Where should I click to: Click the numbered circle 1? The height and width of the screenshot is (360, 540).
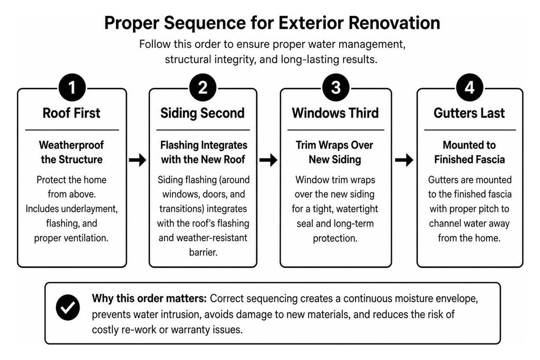pos(72,87)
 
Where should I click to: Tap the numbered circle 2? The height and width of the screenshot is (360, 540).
pos(203,87)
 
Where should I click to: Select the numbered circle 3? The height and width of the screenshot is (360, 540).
pos(336,87)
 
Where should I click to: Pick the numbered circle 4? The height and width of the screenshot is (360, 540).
pos(470,87)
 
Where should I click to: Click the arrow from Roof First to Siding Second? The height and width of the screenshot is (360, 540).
pos(138,160)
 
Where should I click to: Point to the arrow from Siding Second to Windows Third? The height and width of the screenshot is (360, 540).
pos(268,160)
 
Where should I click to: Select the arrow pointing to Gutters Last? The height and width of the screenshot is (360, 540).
pos(404,160)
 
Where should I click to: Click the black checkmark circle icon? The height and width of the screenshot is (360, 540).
pos(68,307)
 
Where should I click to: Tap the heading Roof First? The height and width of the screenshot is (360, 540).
pos(72,113)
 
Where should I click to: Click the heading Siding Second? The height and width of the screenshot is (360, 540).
pos(202,113)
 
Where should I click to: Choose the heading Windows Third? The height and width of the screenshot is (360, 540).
pos(335,113)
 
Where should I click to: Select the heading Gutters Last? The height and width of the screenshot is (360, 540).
pos(469,113)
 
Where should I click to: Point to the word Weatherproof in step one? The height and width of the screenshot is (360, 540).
pos(71,145)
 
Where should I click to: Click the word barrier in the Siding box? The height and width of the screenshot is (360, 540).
pos(203,252)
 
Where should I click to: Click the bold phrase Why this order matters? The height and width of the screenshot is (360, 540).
pos(149,298)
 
